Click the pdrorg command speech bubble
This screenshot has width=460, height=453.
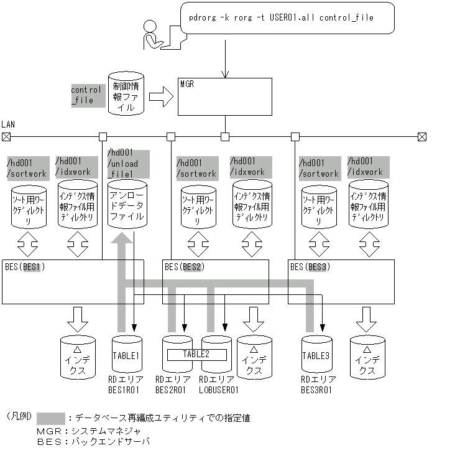tap(287, 19)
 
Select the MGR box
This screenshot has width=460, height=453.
tap(224, 96)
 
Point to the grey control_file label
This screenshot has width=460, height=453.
tap(87, 95)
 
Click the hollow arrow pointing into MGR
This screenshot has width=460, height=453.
tap(160, 96)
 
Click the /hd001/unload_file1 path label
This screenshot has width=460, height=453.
tap(127, 163)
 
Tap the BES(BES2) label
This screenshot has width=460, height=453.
tap(185, 268)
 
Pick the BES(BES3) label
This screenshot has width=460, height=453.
tap(310, 268)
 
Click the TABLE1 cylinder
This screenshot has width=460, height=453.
tap(127, 358)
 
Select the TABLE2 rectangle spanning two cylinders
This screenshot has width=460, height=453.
tap(197, 354)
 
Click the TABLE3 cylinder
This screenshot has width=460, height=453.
tap(317, 358)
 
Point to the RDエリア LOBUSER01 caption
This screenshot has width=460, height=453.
tap(219, 385)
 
